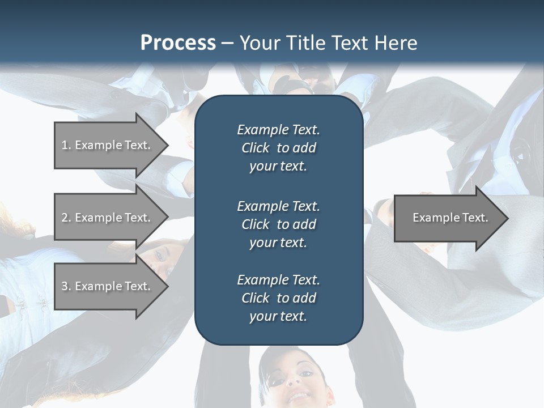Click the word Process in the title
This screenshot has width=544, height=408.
pos(178,43)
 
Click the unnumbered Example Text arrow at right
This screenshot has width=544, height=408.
pos(448,218)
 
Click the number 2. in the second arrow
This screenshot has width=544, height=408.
pos(66,218)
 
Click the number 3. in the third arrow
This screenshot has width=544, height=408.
pos(66,286)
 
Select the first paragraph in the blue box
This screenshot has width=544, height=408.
pos(278,148)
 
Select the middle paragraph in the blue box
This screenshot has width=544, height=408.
pos(278,224)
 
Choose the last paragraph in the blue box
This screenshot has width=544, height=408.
pos(278,298)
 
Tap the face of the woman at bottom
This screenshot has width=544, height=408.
pos(295,380)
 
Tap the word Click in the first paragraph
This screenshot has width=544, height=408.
pos(255,148)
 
